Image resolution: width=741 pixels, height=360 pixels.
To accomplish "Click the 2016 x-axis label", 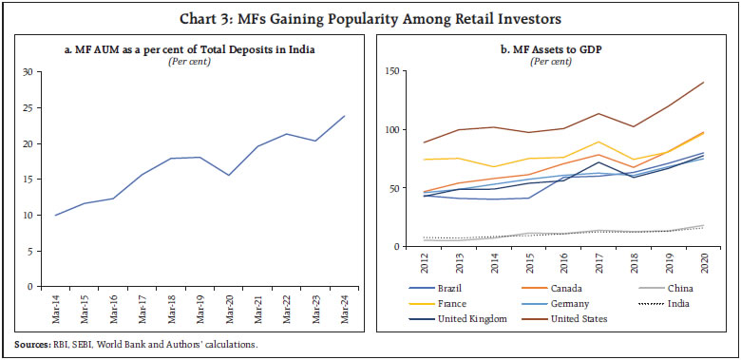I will click(563, 261).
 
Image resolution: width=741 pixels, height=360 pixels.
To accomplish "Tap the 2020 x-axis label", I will click(702, 261).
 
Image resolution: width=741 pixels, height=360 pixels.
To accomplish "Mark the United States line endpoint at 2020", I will click(702, 83).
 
